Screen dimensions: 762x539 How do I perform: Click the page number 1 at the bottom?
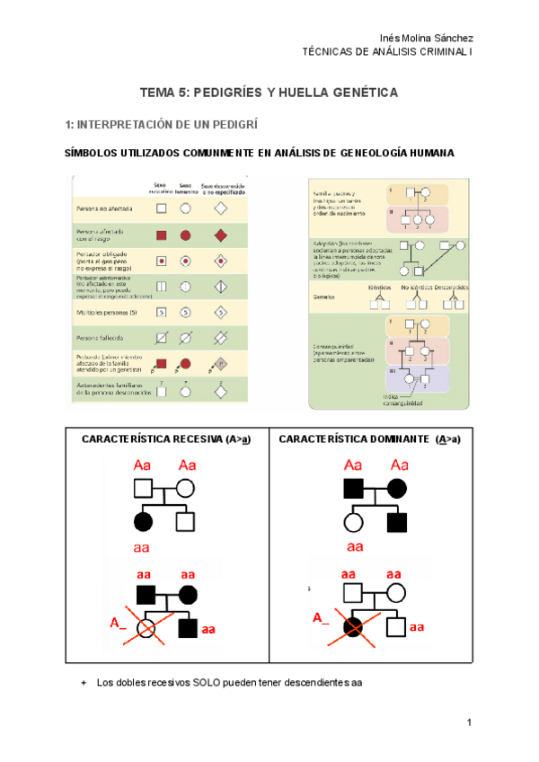[x=470, y=724]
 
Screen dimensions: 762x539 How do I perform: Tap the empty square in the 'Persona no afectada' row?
[x=162, y=208]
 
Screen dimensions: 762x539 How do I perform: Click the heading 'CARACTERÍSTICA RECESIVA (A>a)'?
[x=165, y=439]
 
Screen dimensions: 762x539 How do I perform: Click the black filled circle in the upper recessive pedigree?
[x=142, y=521]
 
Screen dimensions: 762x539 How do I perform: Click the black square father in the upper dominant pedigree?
[x=353, y=490]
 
